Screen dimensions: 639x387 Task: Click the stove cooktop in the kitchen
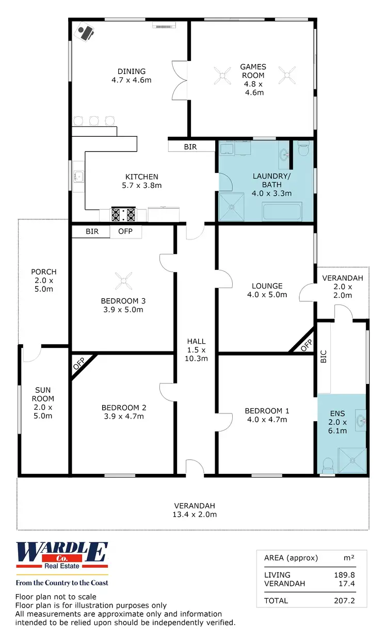pyautogui.click(x=124, y=214)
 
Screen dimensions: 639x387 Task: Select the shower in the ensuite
pyautogui.click(x=351, y=460)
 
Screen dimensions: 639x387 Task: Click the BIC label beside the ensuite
pyautogui.click(x=324, y=357)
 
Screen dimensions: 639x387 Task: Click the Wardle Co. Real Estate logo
pyautogui.click(x=62, y=559)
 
